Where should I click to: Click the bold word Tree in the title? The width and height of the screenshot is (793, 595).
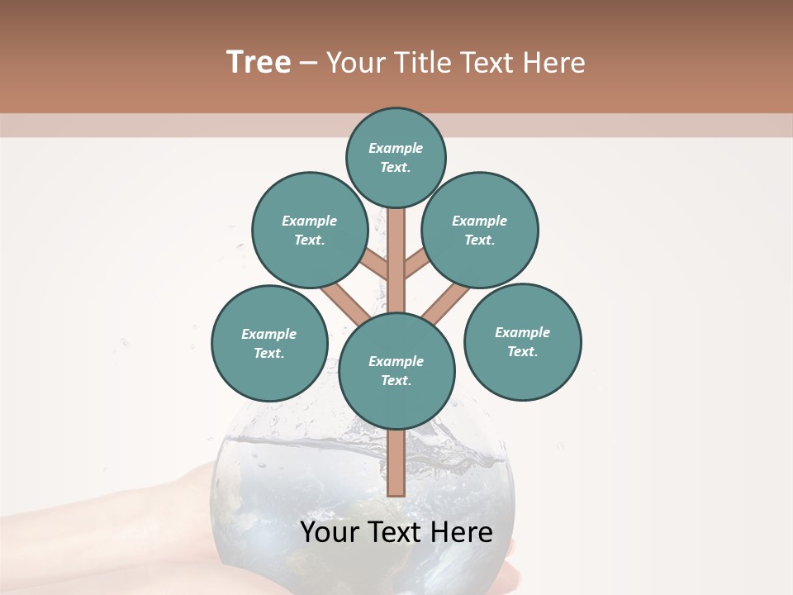point(259,63)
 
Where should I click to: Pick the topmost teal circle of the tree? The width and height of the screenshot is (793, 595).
point(396,157)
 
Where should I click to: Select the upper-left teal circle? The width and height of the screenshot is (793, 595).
point(310,230)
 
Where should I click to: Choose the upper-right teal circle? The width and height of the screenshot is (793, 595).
point(480,230)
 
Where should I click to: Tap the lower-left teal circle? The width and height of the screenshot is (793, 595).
point(269,343)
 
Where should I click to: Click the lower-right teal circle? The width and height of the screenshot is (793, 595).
point(522,341)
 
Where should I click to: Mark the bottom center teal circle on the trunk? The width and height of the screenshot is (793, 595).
point(396,370)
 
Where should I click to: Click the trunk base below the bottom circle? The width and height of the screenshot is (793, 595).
point(396,463)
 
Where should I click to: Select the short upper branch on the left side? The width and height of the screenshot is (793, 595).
point(377,265)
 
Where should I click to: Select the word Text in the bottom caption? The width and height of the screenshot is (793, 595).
point(396,533)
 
